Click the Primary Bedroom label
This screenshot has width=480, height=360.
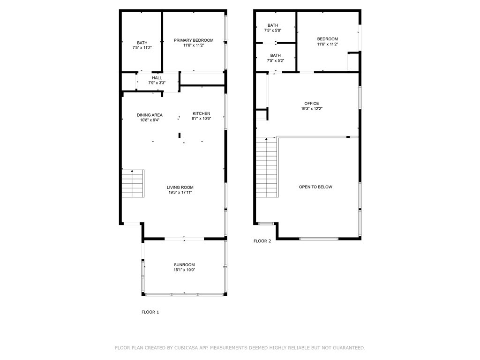[194, 40]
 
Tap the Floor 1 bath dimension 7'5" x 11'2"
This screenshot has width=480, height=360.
[142, 48]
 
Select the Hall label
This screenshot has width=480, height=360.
[157, 78]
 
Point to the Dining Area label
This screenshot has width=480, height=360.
[150, 115]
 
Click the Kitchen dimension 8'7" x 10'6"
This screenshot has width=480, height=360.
[202, 119]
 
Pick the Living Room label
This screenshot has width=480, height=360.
[180, 187]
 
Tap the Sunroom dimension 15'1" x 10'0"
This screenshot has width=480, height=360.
[184, 270]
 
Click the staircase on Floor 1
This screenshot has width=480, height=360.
[133, 183]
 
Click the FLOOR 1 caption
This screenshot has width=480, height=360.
[150, 312]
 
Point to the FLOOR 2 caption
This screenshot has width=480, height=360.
[262, 241]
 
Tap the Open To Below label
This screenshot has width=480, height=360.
[315, 187]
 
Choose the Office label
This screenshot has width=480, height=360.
[311, 104]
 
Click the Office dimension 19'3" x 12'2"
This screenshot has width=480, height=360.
[312, 109]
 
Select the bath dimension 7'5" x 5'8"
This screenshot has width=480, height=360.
[273, 30]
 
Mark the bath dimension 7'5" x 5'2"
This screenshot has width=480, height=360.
[275, 60]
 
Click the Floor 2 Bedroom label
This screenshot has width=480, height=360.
[327, 39]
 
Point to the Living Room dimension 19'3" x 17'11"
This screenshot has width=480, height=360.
[180, 192]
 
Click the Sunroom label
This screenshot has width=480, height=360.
[184, 265]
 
